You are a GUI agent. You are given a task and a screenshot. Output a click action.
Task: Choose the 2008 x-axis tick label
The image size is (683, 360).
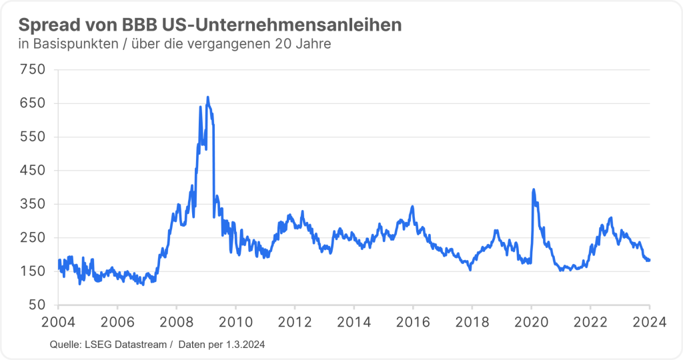pyautogui.click(x=176, y=321)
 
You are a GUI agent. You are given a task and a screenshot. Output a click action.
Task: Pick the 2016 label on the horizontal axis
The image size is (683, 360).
pyautogui.click(x=413, y=321)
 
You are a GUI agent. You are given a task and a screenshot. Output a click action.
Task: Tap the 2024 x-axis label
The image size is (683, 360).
pyautogui.click(x=650, y=321)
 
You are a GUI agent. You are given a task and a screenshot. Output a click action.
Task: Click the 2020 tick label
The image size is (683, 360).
pyautogui.click(x=531, y=321)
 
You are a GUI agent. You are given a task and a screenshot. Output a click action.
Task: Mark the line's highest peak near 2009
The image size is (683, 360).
pyautogui.click(x=207, y=97)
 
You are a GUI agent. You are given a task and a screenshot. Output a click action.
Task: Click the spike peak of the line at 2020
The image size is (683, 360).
pyautogui.click(x=533, y=189)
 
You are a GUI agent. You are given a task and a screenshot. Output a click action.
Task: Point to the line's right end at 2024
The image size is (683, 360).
pyautogui.click(x=650, y=259)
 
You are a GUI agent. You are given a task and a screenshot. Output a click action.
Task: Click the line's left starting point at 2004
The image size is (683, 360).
pyautogui.click(x=59, y=261)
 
